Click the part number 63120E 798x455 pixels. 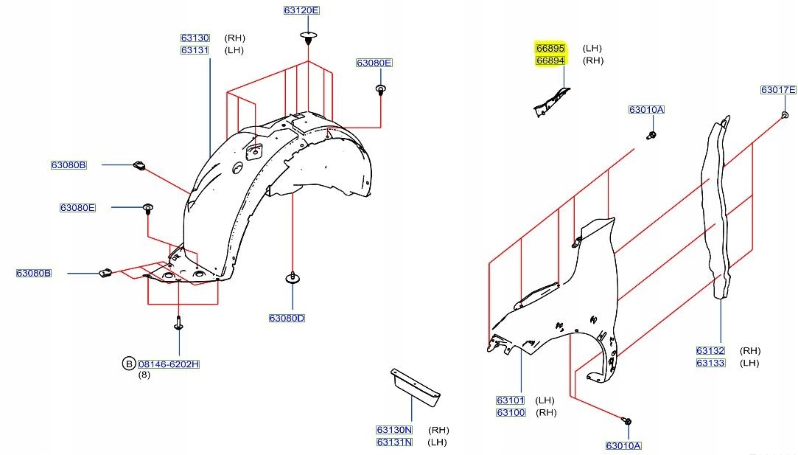(x=301, y=10)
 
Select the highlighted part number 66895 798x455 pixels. (x=550, y=48)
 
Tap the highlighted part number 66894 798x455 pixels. (x=550, y=60)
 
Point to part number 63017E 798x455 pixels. (x=778, y=90)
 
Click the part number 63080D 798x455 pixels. (x=287, y=318)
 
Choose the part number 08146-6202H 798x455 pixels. (x=169, y=364)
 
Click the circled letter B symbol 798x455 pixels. (x=128, y=364)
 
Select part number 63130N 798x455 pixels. (x=394, y=430)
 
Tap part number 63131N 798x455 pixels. (x=394, y=442)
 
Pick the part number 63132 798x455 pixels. (x=710, y=351)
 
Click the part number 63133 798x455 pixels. (x=710, y=363)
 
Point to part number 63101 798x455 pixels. (x=511, y=400)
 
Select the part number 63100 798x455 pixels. (x=511, y=412)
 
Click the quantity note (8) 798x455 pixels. (x=144, y=375)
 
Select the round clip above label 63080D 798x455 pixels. (x=293, y=279)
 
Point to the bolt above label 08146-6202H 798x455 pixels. (x=179, y=322)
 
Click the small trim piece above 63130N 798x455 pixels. (x=415, y=386)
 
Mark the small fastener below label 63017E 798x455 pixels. (x=785, y=115)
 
